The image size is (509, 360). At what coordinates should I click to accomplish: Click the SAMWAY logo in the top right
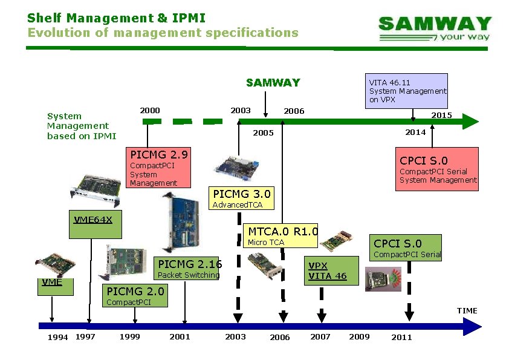click(435, 28)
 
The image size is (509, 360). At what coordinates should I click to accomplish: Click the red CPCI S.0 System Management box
click(437, 169)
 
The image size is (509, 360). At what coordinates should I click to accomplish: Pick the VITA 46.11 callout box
click(407, 91)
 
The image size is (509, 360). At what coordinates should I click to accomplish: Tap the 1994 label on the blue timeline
click(57, 337)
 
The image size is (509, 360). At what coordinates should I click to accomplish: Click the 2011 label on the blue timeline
click(401, 337)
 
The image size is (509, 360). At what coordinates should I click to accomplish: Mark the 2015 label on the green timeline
click(441, 115)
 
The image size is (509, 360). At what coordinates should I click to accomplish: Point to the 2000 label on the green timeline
click(150, 110)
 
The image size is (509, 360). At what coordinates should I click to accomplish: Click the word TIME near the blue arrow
click(467, 310)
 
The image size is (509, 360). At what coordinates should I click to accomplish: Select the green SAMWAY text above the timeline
click(273, 83)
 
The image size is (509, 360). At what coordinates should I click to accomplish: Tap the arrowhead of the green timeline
click(471, 122)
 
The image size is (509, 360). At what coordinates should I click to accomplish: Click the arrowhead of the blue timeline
click(473, 327)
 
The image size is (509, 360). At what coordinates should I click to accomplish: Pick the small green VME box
click(55, 286)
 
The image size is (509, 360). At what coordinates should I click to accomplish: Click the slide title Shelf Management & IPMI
click(116, 18)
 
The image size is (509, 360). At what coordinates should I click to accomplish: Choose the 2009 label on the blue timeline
click(359, 336)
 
